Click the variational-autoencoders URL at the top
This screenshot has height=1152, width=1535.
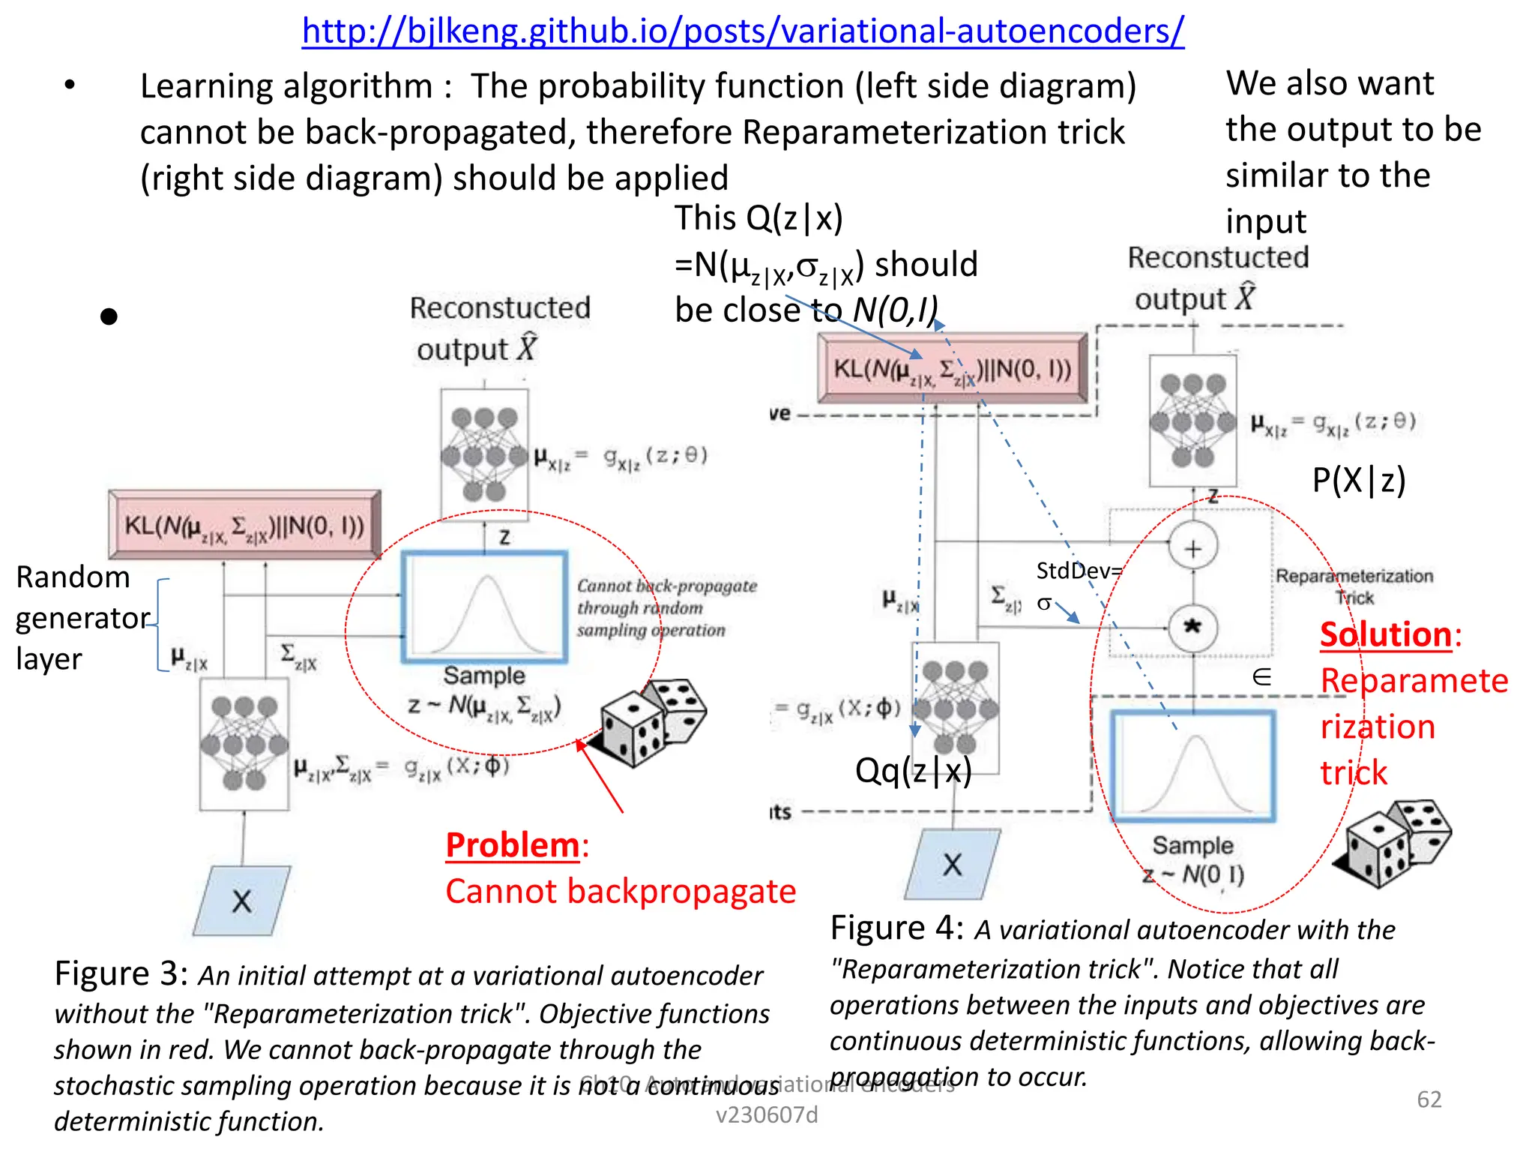pyautogui.click(x=742, y=31)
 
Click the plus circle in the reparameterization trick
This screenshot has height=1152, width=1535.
pyautogui.click(x=1192, y=547)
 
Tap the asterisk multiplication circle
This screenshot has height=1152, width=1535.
pyautogui.click(x=1192, y=627)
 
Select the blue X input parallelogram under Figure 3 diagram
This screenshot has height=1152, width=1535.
pyautogui.click(x=241, y=900)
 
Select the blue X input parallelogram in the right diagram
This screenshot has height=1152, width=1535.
pyautogui.click(x=952, y=864)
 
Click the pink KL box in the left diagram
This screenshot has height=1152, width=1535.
pyautogui.click(x=244, y=525)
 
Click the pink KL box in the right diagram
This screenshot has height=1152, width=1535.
pyautogui.click(x=952, y=369)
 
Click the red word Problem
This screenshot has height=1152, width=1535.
pyautogui.click(x=513, y=845)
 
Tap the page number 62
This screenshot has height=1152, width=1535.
pyautogui.click(x=1429, y=1099)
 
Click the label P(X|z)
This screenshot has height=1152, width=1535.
pyautogui.click(x=1358, y=480)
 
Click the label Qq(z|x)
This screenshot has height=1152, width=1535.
pyautogui.click(x=913, y=770)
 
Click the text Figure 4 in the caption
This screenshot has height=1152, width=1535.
pyautogui.click(x=896, y=928)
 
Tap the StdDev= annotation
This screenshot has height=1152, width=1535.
pyautogui.click(x=1079, y=571)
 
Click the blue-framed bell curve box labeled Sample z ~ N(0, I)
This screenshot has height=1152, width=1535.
pyautogui.click(x=1193, y=765)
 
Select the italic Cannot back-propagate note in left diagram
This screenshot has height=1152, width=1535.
pyautogui.click(x=666, y=607)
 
